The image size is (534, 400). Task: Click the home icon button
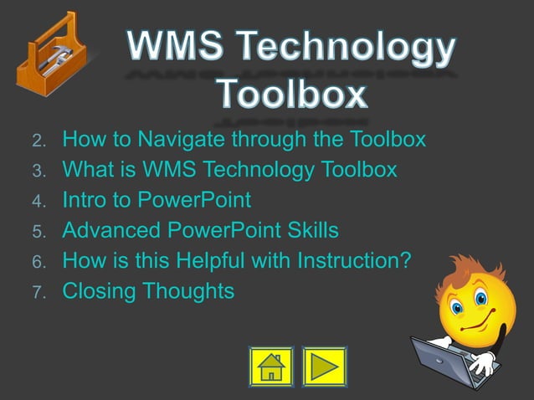click(271, 367)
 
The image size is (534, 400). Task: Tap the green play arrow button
click(324, 367)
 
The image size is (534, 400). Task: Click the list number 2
click(37, 140)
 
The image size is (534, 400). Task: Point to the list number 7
click(37, 294)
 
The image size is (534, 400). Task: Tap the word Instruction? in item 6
click(355, 261)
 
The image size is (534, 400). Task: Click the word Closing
click(98, 292)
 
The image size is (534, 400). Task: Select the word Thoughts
click(187, 292)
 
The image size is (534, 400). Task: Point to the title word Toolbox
click(292, 94)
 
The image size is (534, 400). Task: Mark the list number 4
click(37, 202)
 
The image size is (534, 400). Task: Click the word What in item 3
click(89, 170)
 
